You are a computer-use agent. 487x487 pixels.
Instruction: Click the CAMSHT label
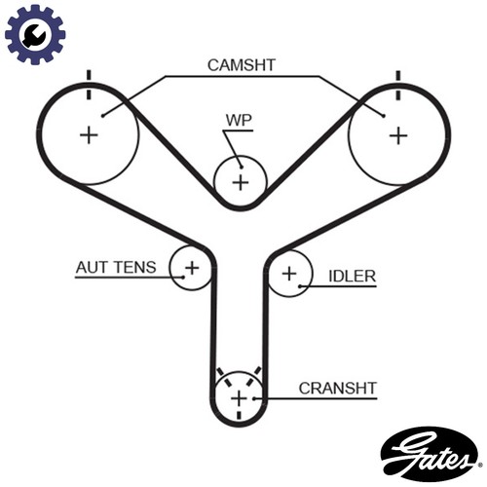click(242, 65)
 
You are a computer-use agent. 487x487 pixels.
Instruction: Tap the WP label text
click(239, 120)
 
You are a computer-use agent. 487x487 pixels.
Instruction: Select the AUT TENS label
click(116, 268)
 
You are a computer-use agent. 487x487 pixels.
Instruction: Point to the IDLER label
click(353, 277)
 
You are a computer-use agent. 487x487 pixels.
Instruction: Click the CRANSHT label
click(338, 389)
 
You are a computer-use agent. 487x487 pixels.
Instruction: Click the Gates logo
click(430, 454)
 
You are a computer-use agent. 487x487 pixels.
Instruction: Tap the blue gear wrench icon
click(35, 34)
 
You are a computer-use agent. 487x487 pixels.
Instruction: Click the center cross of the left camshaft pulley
click(89, 135)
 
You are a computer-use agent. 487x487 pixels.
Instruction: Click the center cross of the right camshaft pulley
click(398, 135)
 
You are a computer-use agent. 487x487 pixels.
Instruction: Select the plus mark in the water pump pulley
click(241, 182)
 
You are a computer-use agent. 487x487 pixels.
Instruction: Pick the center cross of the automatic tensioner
click(192, 268)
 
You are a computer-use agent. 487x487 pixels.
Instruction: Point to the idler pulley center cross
click(289, 274)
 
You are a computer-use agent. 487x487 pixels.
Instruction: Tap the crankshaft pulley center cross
click(239, 398)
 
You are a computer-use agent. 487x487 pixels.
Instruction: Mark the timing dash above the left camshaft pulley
click(89, 85)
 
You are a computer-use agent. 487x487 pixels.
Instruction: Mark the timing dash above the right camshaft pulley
click(398, 86)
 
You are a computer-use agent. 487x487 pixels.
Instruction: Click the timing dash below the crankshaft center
click(239, 415)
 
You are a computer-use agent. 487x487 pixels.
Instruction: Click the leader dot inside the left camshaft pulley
click(102, 116)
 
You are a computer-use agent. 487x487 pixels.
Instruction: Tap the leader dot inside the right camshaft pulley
click(384, 116)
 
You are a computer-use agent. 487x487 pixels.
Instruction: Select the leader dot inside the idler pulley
click(300, 286)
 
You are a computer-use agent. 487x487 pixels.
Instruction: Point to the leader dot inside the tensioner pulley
click(183, 278)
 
